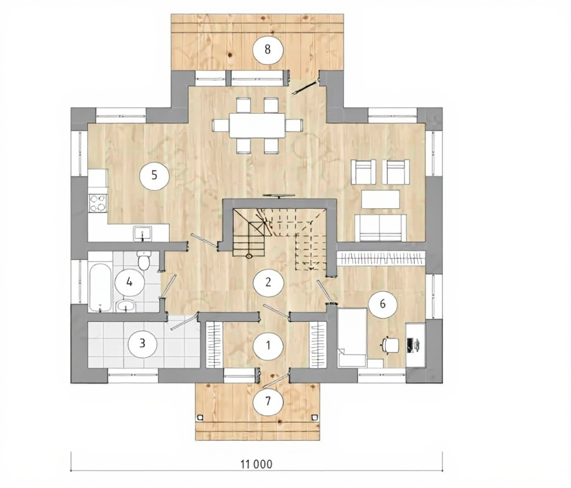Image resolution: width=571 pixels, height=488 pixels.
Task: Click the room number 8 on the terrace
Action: pos(268,50)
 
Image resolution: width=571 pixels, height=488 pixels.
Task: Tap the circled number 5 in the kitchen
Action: pos(155,175)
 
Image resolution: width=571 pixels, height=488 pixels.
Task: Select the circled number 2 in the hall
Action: pos(268,282)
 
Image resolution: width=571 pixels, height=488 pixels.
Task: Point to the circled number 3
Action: pos(142,343)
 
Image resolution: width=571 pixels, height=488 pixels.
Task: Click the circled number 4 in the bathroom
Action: pos(130,282)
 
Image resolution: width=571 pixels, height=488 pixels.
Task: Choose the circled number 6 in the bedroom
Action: pos(383,304)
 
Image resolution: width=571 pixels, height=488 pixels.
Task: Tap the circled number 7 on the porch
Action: pos(268,401)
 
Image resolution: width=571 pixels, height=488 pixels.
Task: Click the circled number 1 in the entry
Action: pos(268,345)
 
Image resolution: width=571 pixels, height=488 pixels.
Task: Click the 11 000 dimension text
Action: pos(257,464)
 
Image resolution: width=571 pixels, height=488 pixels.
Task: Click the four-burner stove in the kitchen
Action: pos(98,203)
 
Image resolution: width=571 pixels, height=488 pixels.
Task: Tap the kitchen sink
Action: pos(142,233)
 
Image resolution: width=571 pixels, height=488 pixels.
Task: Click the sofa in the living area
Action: pos(380,228)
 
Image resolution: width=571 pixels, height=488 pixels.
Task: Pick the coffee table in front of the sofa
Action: pos(381,199)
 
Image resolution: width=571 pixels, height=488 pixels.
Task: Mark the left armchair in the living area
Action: pos(363,172)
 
